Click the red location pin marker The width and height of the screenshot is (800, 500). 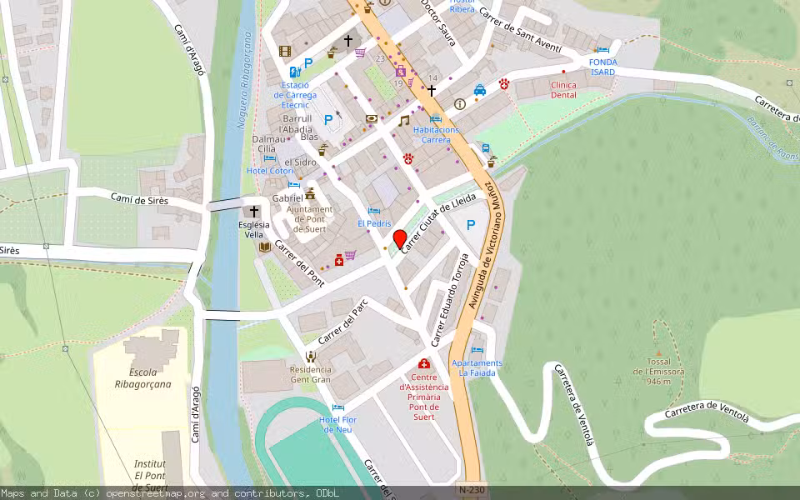pyautogui.click(x=399, y=239)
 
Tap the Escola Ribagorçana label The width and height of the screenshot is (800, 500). pyautogui.click(x=143, y=378)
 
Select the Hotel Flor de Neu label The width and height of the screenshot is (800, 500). pyautogui.click(x=337, y=423)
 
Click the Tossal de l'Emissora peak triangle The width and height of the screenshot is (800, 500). pyautogui.click(x=657, y=353)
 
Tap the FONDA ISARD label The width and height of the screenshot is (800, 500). pyautogui.click(x=602, y=67)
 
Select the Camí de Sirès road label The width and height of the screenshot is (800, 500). pyautogui.click(x=139, y=199)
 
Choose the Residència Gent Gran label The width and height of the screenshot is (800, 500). pyautogui.click(x=310, y=374)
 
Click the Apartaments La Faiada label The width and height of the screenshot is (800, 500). pyautogui.click(x=477, y=367)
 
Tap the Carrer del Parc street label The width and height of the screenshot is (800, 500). pyautogui.click(x=342, y=322)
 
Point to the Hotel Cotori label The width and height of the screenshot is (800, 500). pyautogui.click(x=264, y=171)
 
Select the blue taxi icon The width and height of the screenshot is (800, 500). pyautogui.click(x=480, y=90)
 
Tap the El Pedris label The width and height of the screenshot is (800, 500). pyautogui.click(x=374, y=223)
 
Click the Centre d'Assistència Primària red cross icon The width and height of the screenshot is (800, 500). pyautogui.click(x=423, y=364)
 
